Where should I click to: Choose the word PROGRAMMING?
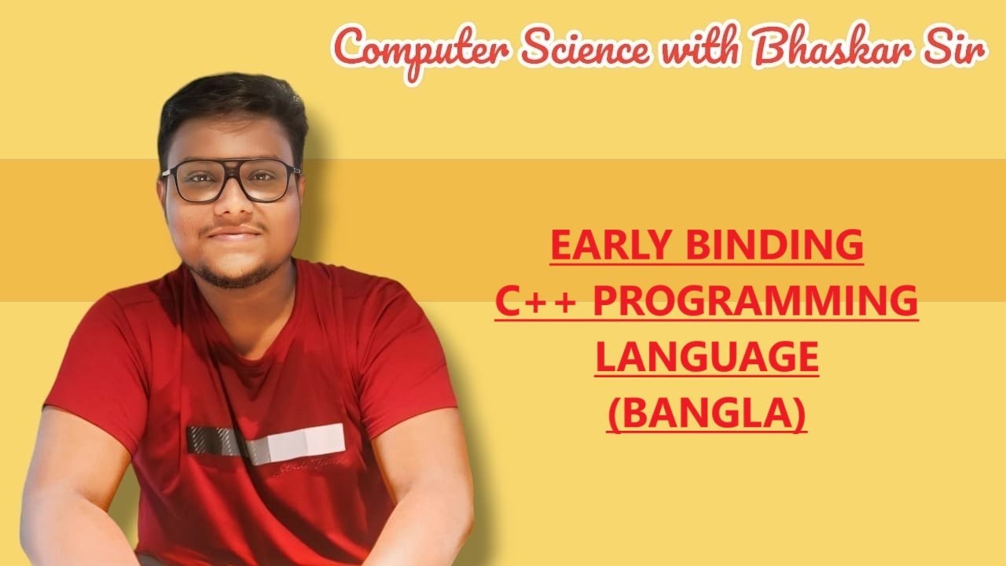[x=754, y=302]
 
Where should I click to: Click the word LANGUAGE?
[x=707, y=358]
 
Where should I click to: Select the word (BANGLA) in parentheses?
[x=707, y=414]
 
